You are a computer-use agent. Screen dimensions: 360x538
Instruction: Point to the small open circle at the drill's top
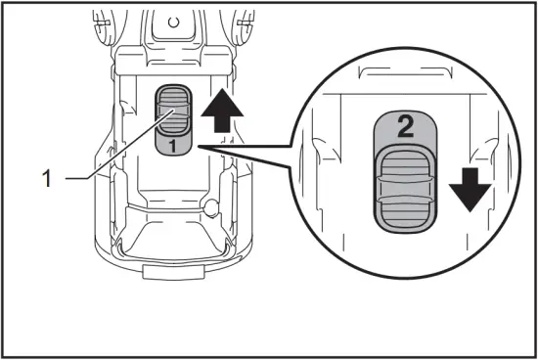pos(173,20)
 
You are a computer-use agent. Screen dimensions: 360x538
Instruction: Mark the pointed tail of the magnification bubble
pos(201,148)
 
